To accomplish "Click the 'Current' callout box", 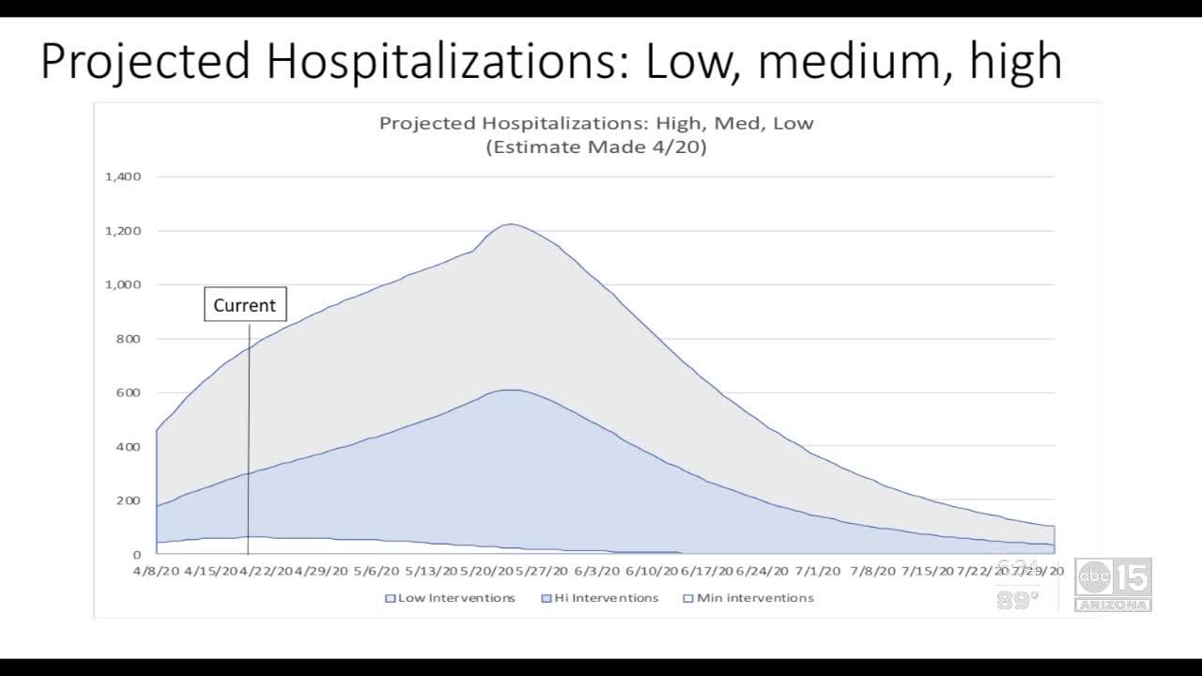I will pyautogui.click(x=245, y=305).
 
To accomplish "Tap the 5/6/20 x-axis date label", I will pyautogui.click(x=377, y=570).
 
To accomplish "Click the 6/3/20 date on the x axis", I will pyautogui.click(x=597, y=570).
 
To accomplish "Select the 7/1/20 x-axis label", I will pyautogui.click(x=818, y=570).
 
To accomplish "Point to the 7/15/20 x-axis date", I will pyautogui.click(x=928, y=570).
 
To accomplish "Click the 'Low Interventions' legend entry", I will pyautogui.click(x=450, y=598).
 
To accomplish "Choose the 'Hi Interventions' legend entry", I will pyautogui.click(x=600, y=598).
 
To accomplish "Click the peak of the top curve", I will pyautogui.click(x=510, y=224).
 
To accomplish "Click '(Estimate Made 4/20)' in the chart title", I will pyautogui.click(x=596, y=147).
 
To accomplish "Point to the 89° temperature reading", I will pyautogui.click(x=1018, y=601).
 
